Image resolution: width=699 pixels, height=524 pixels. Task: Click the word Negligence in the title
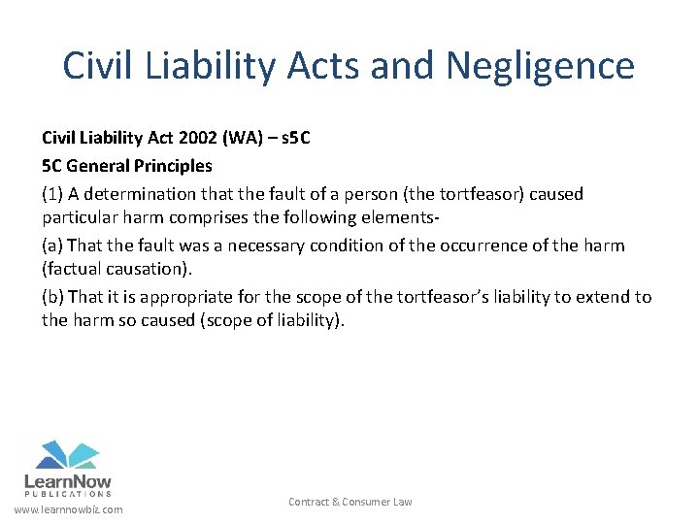tap(540, 66)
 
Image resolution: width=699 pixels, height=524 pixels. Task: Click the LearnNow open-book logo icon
tap(68, 455)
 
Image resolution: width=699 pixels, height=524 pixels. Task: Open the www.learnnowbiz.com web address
tap(68, 509)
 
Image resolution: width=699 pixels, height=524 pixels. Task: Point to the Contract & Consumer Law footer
tap(349, 502)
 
